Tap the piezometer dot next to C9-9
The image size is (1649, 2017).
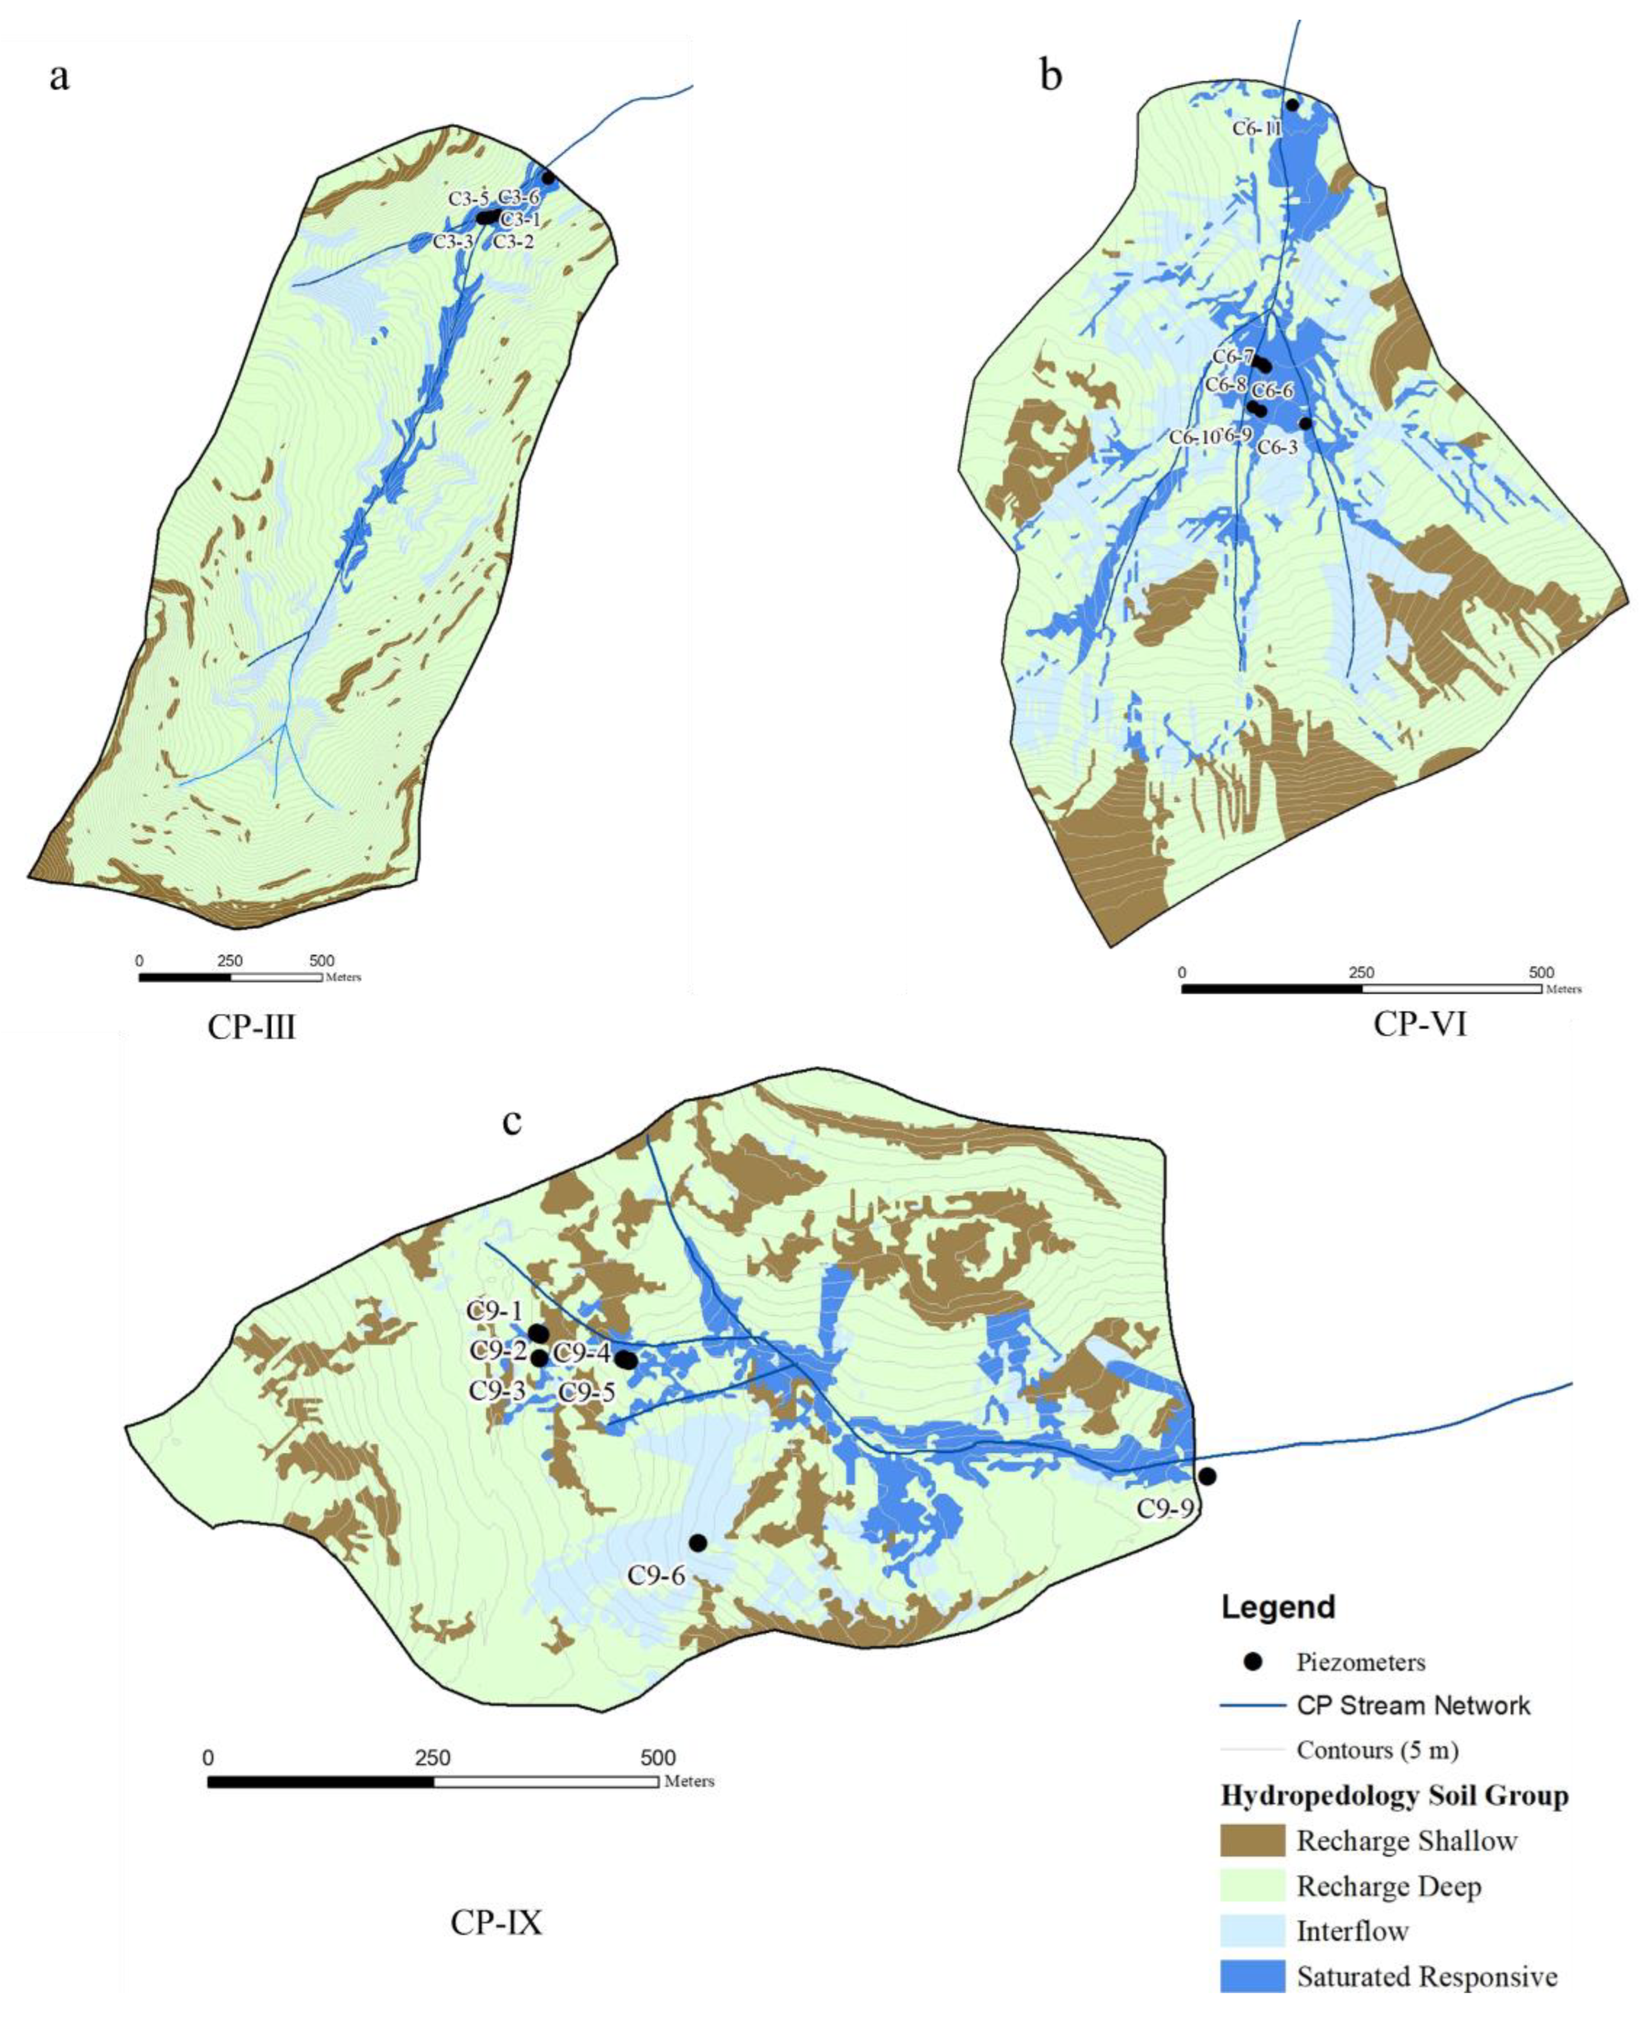click(x=1207, y=1476)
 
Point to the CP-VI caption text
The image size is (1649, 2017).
click(x=1420, y=1024)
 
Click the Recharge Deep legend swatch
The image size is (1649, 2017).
click(x=1252, y=1886)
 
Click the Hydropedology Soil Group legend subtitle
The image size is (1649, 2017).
click(x=1393, y=1795)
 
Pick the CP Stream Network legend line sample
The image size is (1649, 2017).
click(x=1252, y=1706)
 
